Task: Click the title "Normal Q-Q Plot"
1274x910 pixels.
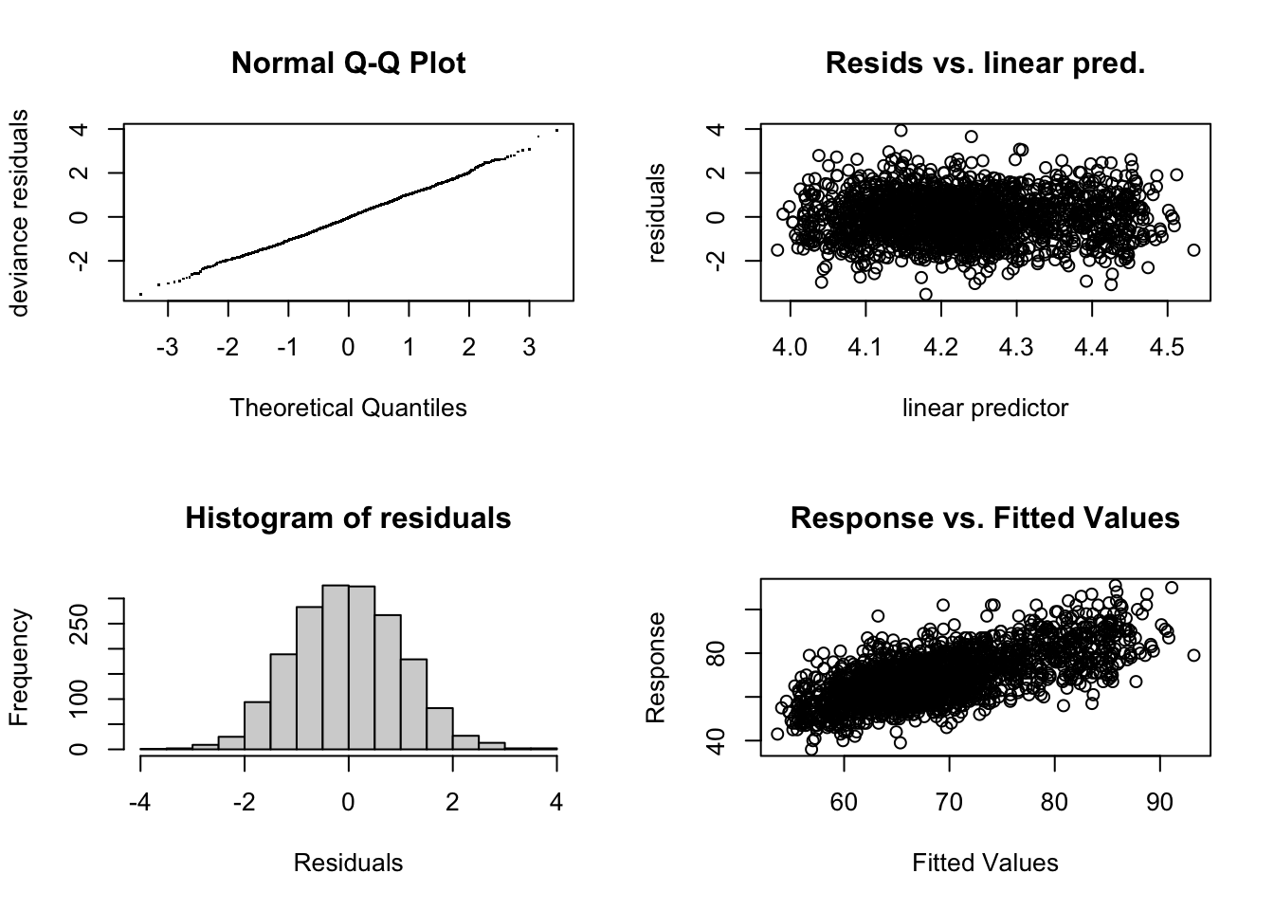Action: point(348,64)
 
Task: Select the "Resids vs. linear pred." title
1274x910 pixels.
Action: point(985,64)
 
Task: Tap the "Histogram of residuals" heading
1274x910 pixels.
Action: point(348,519)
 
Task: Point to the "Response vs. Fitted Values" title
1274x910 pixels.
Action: point(985,519)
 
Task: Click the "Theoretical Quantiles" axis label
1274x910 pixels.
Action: point(348,408)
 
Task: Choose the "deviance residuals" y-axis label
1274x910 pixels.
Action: point(19,212)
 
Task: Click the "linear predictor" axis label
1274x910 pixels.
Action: point(985,408)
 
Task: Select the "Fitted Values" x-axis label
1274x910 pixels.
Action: point(985,863)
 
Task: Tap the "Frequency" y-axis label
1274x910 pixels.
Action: point(19,667)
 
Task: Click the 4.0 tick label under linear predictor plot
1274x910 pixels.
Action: point(790,347)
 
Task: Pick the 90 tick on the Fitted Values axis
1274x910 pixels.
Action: point(1159,802)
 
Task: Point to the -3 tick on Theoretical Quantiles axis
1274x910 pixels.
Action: point(168,347)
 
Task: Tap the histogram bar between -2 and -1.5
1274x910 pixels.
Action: point(257,725)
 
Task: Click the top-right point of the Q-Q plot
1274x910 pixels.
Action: point(556,130)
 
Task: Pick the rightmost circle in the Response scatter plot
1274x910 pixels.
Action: point(1193,655)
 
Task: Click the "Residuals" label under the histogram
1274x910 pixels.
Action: point(348,863)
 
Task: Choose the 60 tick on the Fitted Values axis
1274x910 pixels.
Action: point(844,802)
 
